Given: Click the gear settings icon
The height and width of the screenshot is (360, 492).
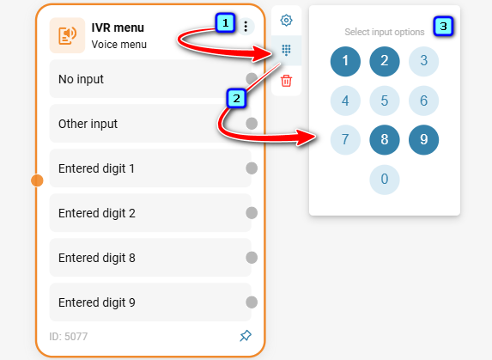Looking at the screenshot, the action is point(286,21).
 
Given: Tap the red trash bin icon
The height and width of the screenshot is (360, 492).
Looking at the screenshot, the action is point(286,81).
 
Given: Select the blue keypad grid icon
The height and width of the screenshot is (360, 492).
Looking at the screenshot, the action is point(286,50).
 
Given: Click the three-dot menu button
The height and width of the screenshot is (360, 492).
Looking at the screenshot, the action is point(246,27).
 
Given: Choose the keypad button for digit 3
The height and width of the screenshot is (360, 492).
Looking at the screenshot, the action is point(423,61).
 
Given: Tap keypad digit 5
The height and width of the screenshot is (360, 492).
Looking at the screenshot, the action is point(385,101).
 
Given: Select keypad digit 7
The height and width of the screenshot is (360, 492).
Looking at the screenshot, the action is point(345,140).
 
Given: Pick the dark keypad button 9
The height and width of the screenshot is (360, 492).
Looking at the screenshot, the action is point(423,140).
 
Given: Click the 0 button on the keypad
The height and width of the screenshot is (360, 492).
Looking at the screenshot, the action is point(385,180).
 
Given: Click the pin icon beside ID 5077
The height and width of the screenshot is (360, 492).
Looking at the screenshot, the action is point(246,336).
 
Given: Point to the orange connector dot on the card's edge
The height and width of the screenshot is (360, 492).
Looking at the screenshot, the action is point(37,180).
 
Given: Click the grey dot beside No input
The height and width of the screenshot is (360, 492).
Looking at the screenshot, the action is point(252,79).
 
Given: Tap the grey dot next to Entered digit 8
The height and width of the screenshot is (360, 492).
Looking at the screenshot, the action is point(252,258).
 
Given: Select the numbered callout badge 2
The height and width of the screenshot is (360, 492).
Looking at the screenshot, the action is point(236,99).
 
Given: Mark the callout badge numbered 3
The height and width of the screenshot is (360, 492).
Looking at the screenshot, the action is point(443,26).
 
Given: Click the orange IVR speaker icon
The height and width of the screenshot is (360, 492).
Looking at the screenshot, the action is point(67,35).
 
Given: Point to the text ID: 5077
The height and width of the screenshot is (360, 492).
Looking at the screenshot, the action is point(69,337).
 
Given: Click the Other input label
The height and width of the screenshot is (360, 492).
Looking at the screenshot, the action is point(88,124).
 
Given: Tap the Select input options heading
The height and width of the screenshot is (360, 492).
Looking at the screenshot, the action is point(385,32).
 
